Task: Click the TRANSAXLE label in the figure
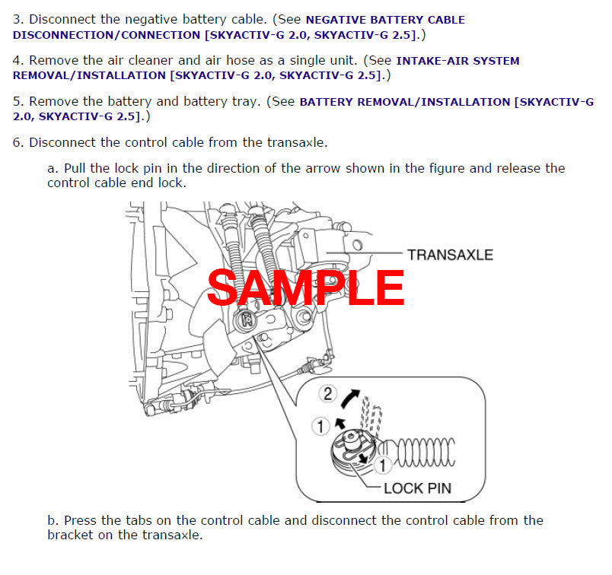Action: click(x=450, y=255)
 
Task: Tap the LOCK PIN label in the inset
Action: click(x=417, y=488)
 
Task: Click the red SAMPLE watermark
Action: click(x=305, y=288)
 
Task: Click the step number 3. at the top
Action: click(x=18, y=20)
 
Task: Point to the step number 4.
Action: click(x=18, y=61)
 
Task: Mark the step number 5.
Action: click(x=18, y=102)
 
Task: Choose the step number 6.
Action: click(x=18, y=142)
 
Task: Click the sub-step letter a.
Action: click(x=52, y=168)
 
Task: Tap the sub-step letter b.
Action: click(x=52, y=521)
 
